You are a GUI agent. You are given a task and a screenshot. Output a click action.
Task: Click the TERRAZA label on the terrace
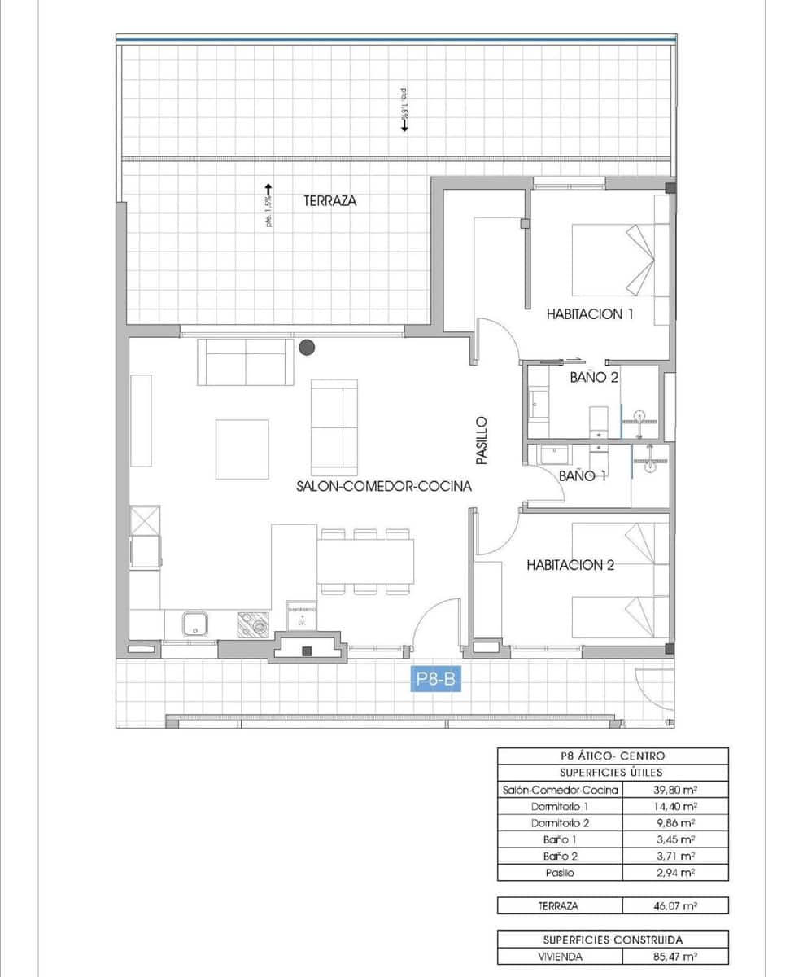[x=330, y=200]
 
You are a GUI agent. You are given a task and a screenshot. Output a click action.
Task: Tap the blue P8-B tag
[x=434, y=679]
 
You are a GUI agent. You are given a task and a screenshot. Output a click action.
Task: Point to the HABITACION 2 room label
[x=570, y=564]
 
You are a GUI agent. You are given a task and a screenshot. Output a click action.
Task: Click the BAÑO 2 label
[x=594, y=377]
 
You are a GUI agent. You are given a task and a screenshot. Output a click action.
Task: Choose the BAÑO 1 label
[x=583, y=475]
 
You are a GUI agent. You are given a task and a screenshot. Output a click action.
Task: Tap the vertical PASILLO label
[x=482, y=440]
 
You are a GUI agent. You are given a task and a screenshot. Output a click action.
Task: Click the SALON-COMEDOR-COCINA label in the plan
[x=384, y=487]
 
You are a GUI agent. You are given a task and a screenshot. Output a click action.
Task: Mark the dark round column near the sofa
[x=307, y=348]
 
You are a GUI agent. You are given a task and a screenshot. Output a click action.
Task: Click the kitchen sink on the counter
[x=195, y=624]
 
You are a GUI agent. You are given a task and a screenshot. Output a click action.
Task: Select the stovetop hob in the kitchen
[x=253, y=624]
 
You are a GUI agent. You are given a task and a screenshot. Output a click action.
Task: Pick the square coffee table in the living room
[x=242, y=449]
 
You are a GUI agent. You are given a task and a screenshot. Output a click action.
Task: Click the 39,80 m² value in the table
[x=674, y=790]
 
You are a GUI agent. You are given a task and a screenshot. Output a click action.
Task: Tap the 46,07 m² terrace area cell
[x=674, y=905]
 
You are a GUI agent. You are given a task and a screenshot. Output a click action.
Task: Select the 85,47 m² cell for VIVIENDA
[x=674, y=957]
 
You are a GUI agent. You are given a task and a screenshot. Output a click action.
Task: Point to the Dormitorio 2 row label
[x=560, y=822]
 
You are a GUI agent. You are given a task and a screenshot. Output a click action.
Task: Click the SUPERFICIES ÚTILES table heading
[x=612, y=772]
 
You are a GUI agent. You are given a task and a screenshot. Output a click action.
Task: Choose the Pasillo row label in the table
[x=560, y=872]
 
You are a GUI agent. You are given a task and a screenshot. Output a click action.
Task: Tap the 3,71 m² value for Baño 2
[x=674, y=856]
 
